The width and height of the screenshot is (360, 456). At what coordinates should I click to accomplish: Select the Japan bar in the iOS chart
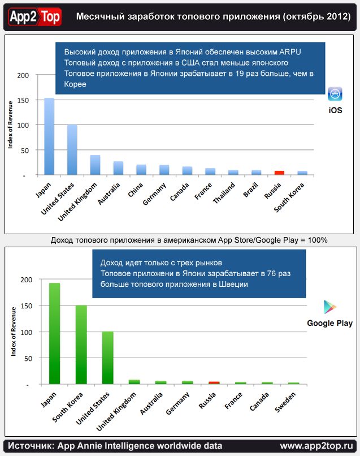[x=49, y=136]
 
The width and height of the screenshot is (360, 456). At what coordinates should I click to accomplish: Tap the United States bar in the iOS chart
[x=72, y=150]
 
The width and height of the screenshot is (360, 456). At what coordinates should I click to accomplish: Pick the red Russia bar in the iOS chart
[x=279, y=173]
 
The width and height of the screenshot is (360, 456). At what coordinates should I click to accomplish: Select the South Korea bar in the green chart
[x=81, y=345]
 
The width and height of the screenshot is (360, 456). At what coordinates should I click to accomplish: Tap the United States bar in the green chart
[x=107, y=358]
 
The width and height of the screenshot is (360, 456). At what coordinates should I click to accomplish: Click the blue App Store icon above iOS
[x=335, y=94]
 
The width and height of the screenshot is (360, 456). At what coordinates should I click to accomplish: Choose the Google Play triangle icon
[x=330, y=307]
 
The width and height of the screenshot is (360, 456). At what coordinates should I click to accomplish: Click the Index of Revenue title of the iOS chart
[x=11, y=125]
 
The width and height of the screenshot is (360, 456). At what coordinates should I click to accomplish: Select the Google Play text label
[x=329, y=323]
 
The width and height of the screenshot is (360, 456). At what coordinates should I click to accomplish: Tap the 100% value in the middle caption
[x=317, y=240]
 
